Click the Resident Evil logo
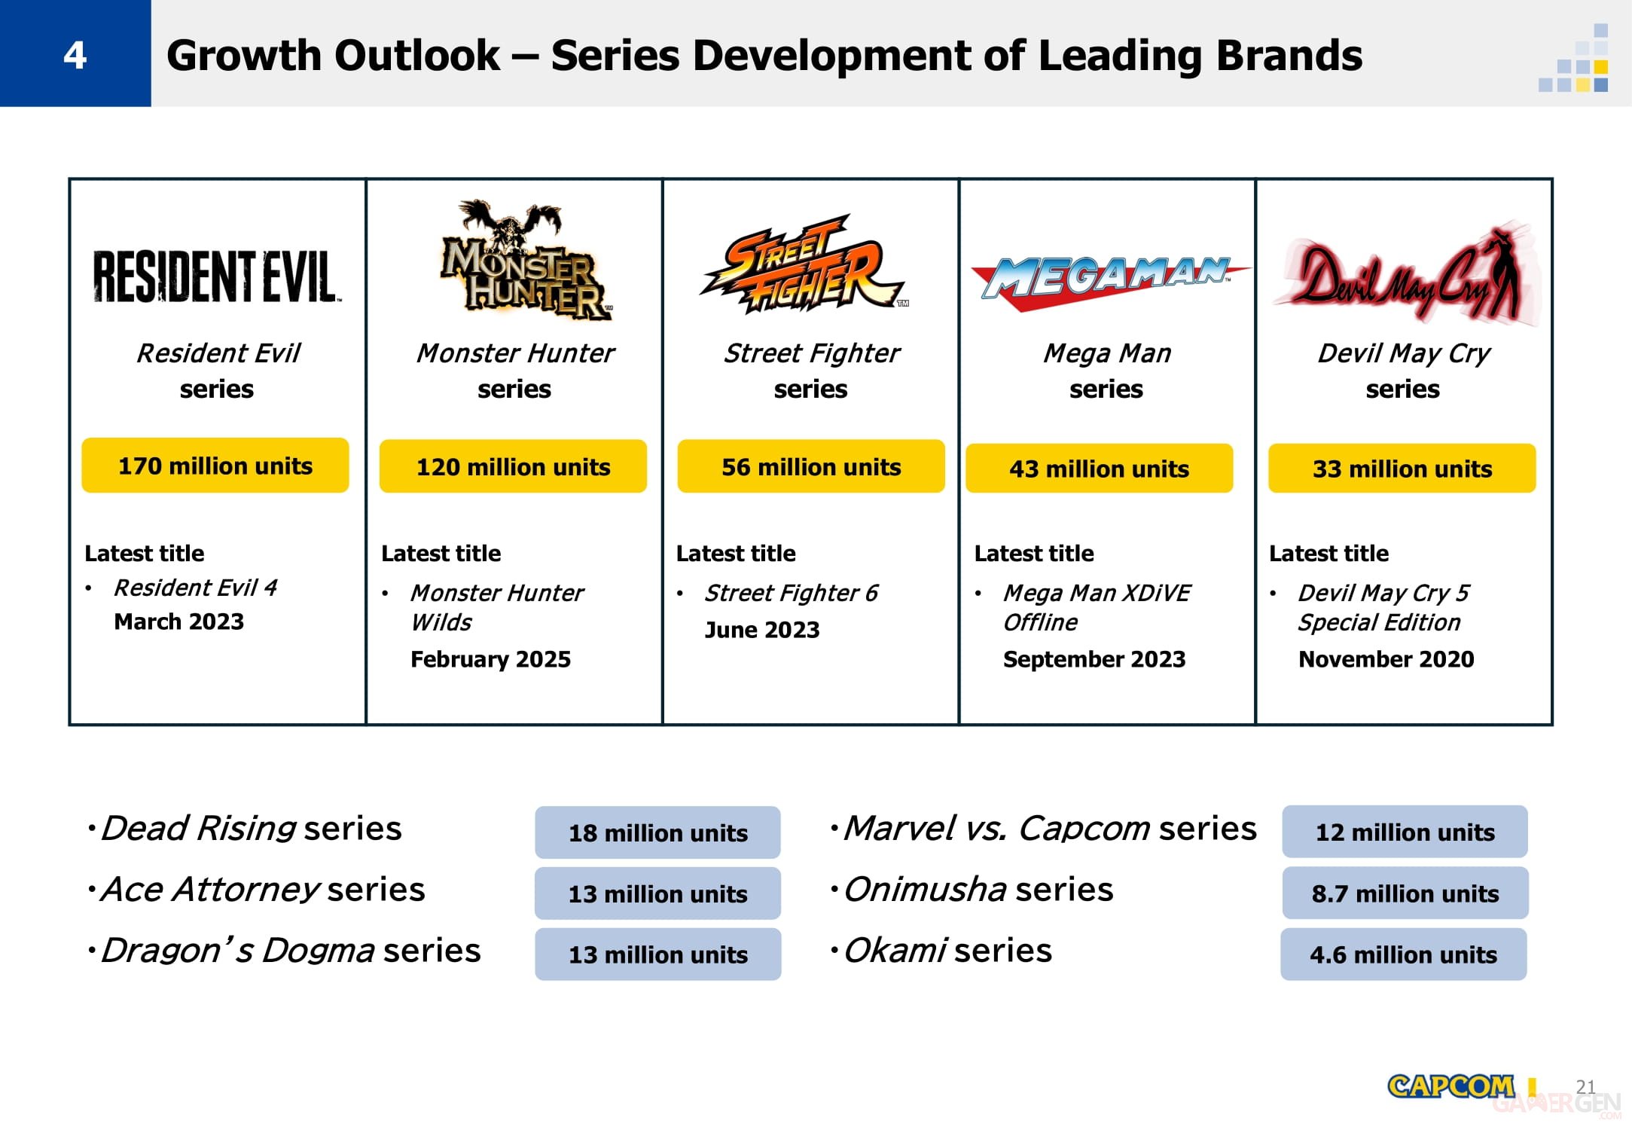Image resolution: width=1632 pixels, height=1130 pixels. (x=216, y=276)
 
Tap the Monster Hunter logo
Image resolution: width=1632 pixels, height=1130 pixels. (x=526, y=260)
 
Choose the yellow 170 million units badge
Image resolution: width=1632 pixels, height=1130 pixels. (x=215, y=466)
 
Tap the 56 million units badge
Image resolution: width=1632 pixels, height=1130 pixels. (x=811, y=466)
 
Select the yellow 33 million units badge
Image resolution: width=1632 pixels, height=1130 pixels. (x=1402, y=469)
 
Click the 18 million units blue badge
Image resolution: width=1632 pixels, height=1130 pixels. (x=657, y=832)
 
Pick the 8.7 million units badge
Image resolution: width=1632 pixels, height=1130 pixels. (x=1405, y=893)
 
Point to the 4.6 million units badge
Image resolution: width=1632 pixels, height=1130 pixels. (x=1404, y=954)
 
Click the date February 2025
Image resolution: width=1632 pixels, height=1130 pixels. (x=490, y=659)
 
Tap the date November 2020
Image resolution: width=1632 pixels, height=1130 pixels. (x=1386, y=659)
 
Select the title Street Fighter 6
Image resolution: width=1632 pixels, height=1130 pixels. (x=791, y=593)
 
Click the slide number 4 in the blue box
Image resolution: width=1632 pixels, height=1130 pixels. (x=75, y=55)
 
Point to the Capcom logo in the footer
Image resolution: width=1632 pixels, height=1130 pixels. (x=1450, y=1086)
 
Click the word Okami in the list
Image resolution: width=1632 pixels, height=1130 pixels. (x=895, y=951)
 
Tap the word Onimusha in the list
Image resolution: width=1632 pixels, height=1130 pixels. (x=925, y=890)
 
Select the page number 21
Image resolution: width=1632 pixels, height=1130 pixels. (x=1585, y=1086)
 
